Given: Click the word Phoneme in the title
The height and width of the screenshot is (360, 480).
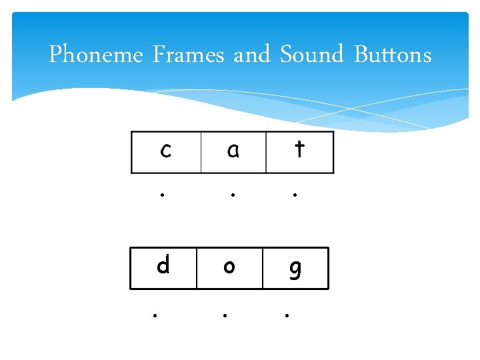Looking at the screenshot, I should (96, 55).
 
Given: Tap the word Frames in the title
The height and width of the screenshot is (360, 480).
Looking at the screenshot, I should (188, 55).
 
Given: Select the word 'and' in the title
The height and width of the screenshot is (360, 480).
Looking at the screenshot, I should (251, 55).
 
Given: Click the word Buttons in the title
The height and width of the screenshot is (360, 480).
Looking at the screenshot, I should (393, 55).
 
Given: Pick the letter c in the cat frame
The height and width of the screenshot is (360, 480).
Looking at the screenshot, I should (165, 151).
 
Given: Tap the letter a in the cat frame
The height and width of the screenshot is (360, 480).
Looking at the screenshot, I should (233, 151).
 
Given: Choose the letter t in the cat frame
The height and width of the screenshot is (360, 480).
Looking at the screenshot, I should (299, 149).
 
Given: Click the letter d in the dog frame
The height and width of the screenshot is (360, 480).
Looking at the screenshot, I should (163, 266).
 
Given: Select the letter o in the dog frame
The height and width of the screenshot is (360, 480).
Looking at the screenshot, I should (229, 267).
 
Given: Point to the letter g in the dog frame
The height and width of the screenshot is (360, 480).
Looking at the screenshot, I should (295, 269).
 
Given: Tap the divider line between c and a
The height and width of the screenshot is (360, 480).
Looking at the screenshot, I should (201, 153).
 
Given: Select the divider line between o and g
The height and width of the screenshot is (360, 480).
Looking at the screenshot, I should (263, 268).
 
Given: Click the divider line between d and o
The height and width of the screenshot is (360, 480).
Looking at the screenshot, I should (197, 268).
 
